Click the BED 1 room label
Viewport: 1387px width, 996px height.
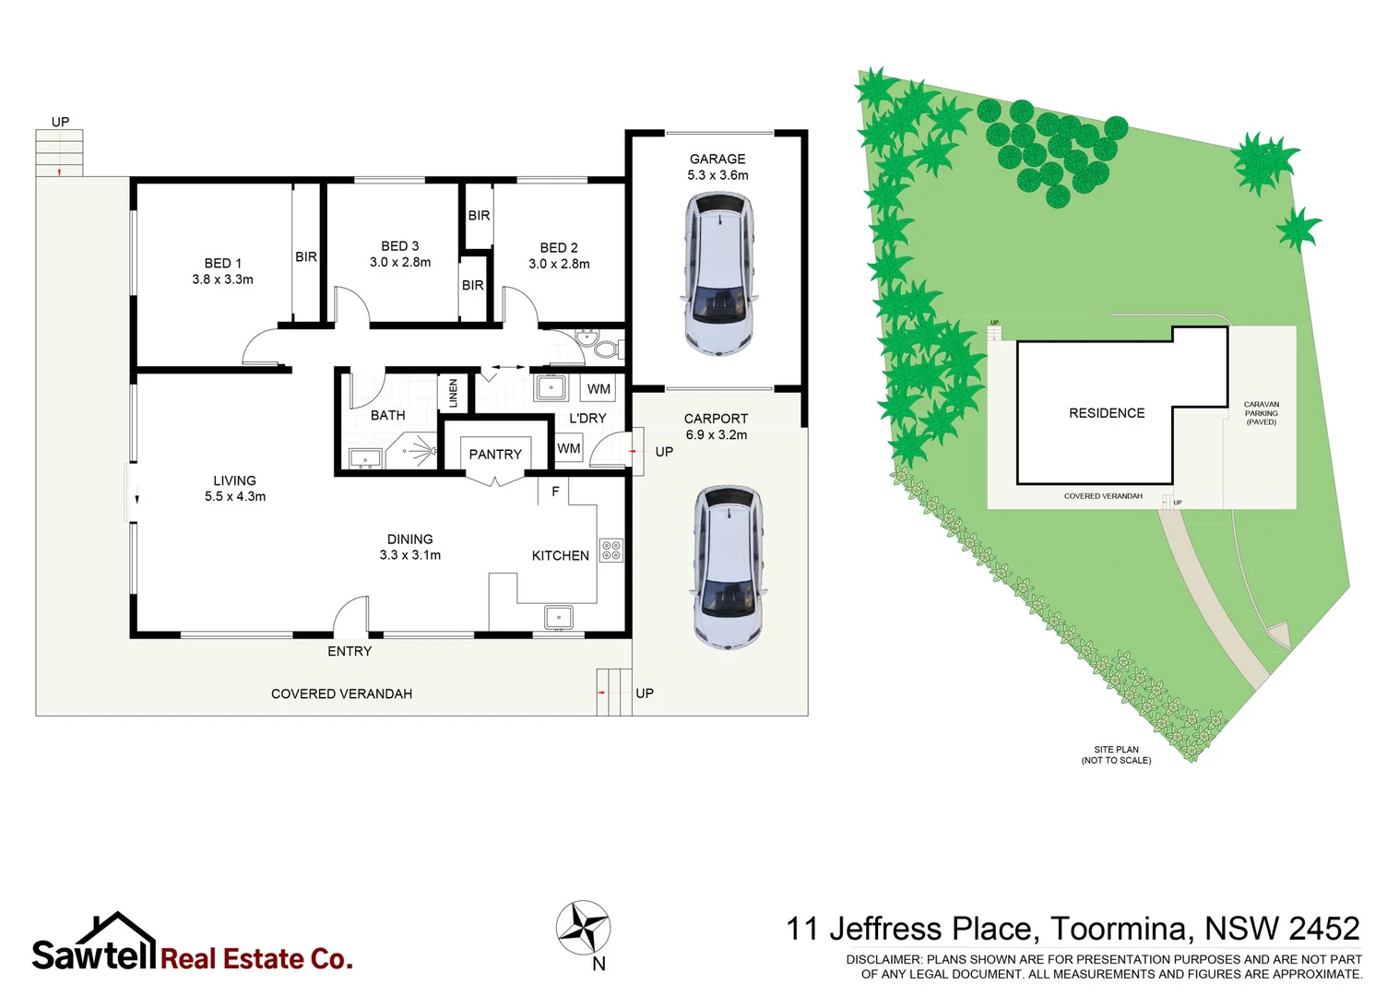[223, 264]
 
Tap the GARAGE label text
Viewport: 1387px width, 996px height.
[717, 159]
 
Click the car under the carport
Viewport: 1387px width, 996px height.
[728, 567]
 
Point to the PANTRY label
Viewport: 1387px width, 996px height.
[495, 454]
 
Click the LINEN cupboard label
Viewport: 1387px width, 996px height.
[453, 393]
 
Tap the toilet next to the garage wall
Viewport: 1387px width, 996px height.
[605, 348]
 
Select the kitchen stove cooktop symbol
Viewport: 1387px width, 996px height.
[611, 551]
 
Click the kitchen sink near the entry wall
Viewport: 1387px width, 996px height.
[558, 616]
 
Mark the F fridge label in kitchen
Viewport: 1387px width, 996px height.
[555, 492]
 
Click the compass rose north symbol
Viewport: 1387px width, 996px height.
[583, 928]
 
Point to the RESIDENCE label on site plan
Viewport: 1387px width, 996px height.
[1107, 413]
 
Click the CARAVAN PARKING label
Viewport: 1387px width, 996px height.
[1261, 413]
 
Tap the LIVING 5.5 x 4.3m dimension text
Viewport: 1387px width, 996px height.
[235, 496]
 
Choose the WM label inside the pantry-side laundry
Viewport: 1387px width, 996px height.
[569, 448]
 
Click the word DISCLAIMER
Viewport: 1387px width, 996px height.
[883, 959]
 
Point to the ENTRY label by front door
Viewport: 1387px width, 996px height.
[350, 651]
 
